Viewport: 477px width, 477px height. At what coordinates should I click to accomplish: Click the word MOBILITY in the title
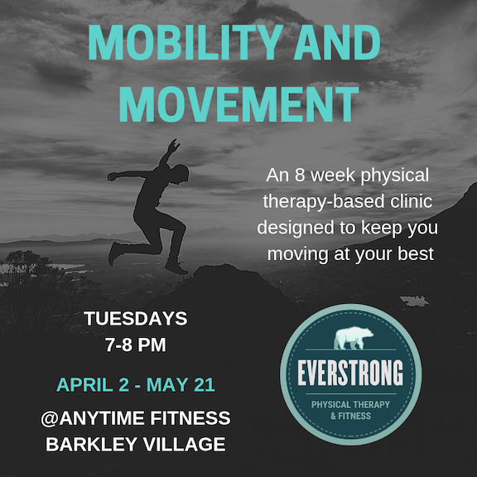point(185,42)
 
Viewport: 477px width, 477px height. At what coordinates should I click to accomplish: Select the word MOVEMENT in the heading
point(238,104)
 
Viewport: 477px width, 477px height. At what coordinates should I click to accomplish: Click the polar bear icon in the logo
point(354,338)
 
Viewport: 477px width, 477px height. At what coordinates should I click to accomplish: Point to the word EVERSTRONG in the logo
point(350,373)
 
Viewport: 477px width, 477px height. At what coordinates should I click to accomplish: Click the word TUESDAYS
point(136,319)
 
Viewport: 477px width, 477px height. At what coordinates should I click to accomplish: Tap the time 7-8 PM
point(136,344)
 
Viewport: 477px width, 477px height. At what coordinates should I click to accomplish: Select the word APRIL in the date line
point(84,384)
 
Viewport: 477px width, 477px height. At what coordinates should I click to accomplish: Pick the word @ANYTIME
point(93,418)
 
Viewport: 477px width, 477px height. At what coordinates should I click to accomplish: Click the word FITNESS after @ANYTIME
point(190,418)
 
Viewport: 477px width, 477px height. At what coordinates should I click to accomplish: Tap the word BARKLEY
point(91,444)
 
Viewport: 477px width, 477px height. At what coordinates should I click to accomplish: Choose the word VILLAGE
point(185,444)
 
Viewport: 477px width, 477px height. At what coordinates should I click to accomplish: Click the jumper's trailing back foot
point(114,253)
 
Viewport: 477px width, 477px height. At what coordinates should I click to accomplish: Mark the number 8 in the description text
point(300,176)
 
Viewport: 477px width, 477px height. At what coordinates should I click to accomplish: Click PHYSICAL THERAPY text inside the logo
point(350,405)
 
